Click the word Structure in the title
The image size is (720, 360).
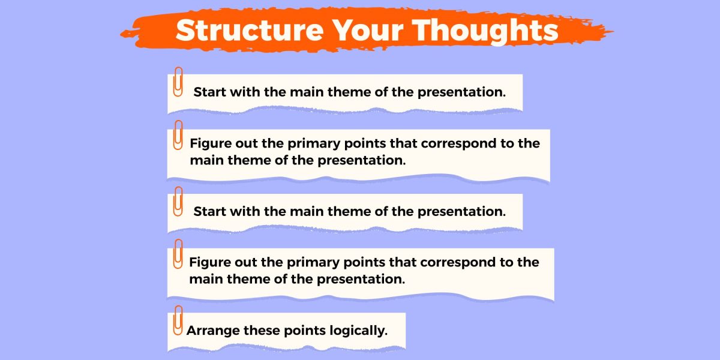coord(250,30)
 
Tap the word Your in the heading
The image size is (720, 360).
coord(367,30)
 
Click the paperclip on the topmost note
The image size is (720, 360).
coord(178,82)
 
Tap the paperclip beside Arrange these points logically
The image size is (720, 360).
coord(178,320)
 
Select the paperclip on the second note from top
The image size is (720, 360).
coord(178,135)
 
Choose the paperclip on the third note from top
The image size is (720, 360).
coord(178,201)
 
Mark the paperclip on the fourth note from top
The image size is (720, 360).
coord(178,254)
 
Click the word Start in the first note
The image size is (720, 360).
coord(210,92)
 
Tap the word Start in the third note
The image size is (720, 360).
coord(210,212)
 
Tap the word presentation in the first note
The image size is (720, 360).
coord(461,92)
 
